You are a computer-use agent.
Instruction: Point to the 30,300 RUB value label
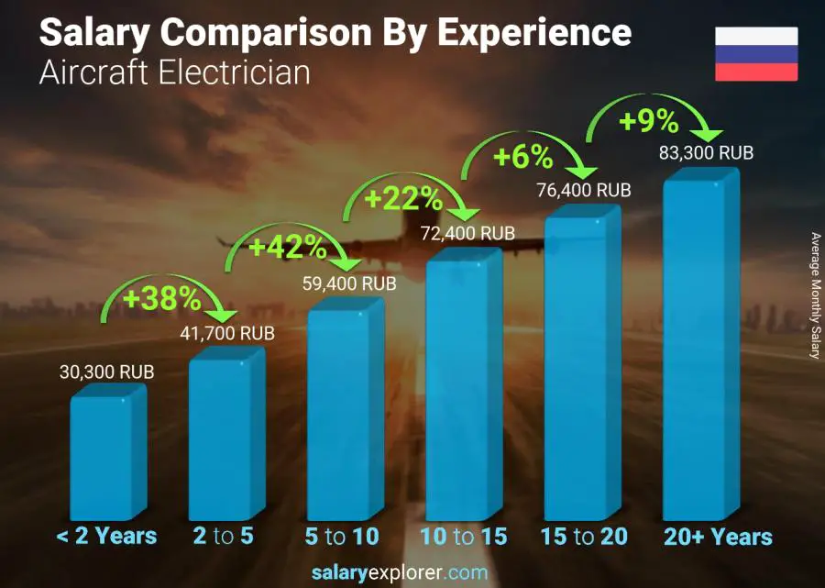106,372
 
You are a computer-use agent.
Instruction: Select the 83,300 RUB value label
706,153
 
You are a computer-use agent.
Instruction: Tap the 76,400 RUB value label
584,191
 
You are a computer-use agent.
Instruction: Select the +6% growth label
522,158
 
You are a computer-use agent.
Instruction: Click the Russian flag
756,54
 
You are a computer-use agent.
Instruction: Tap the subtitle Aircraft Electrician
174,72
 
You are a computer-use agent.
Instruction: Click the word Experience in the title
534,33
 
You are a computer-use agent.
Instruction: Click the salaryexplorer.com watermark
411,573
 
